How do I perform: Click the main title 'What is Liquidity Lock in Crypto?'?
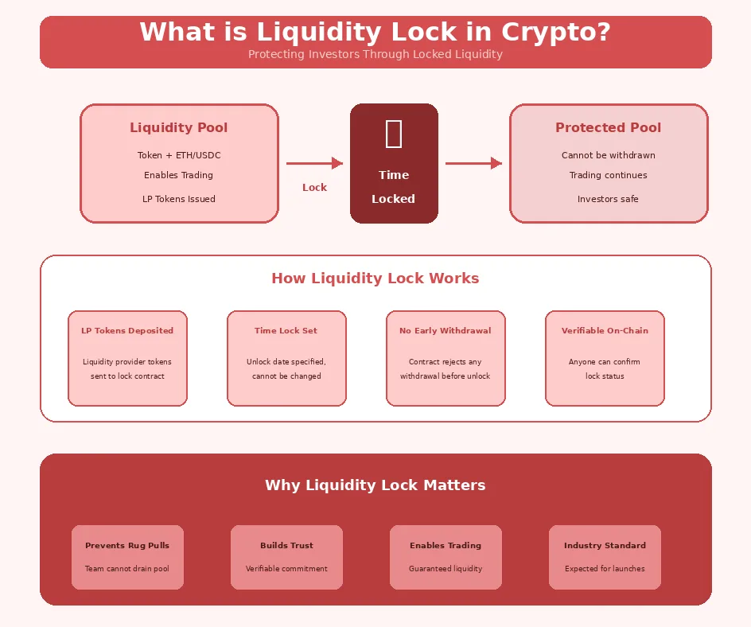pos(375,33)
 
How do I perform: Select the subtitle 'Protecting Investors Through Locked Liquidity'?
pos(375,55)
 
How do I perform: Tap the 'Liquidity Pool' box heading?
pos(178,127)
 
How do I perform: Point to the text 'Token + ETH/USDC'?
pos(178,156)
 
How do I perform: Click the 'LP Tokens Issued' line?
pos(178,199)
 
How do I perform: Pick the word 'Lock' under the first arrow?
pos(314,188)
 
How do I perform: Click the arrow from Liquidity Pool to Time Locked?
pos(314,163)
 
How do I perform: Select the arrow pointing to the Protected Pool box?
pos(473,163)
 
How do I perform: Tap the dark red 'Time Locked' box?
pos(394,163)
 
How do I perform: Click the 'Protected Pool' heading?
pos(608,127)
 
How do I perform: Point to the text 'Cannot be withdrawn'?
pos(608,156)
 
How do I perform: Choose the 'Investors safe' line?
pos(608,199)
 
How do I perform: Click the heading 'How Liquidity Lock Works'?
pos(375,278)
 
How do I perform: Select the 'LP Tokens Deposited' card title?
pos(127,331)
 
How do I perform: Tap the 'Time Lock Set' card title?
pos(286,331)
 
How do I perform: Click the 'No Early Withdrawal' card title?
pos(446,331)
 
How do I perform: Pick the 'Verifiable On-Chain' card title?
pos(605,331)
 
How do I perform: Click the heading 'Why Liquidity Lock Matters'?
pos(375,485)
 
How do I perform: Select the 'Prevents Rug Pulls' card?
pos(127,557)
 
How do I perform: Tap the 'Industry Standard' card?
pos(605,557)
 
